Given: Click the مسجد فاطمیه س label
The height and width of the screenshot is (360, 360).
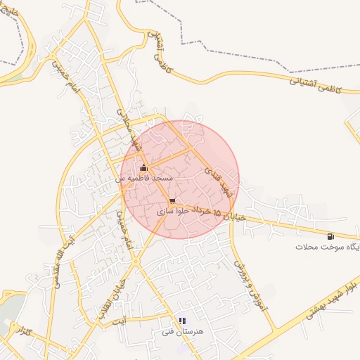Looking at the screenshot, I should (x=145, y=179).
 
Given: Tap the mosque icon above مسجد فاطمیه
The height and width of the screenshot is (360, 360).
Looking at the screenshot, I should (x=144, y=167).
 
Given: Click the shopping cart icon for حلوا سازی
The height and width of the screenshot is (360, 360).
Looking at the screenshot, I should (x=172, y=200).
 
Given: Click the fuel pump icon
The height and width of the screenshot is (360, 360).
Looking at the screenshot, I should (x=330, y=236).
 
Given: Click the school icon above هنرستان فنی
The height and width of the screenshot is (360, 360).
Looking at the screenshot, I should (x=184, y=320).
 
